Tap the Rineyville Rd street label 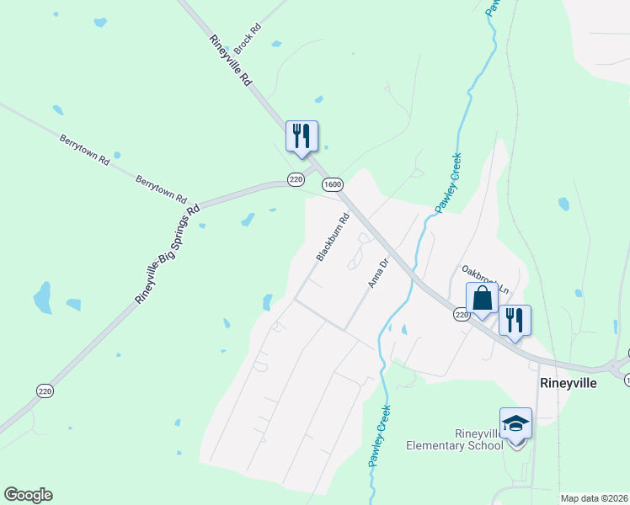[x=232, y=61]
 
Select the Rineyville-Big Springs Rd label [x=168, y=253]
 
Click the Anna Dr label [x=378, y=274]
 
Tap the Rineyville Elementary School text [x=455, y=439]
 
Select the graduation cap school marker [x=515, y=423]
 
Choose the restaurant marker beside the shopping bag [x=515, y=321]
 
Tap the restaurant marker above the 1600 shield [x=302, y=136]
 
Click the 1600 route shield [x=333, y=184]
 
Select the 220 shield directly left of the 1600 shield [x=295, y=179]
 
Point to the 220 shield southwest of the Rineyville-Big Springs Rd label [x=44, y=390]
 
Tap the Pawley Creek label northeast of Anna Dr [x=447, y=183]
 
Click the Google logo [x=28, y=495]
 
